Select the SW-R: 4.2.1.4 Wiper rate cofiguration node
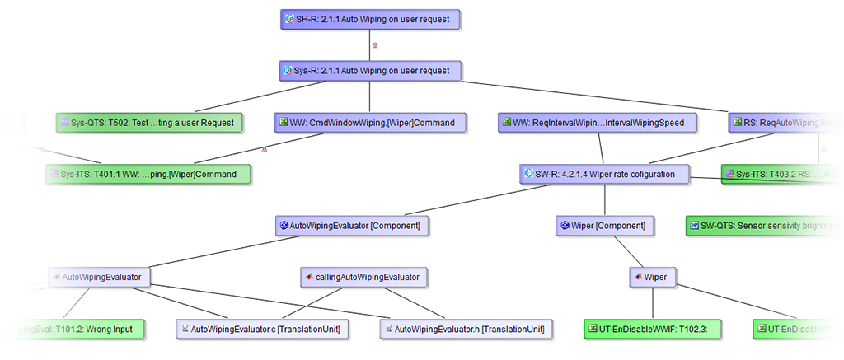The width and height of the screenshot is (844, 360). (x=604, y=174)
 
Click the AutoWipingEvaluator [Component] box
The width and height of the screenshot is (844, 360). (x=352, y=225)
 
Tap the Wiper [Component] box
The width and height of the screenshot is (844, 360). (x=604, y=225)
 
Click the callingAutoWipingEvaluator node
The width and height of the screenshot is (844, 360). (x=363, y=278)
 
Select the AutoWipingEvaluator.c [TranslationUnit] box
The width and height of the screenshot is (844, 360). (x=261, y=329)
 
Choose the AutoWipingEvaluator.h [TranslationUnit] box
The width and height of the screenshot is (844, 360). (x=466, y=329)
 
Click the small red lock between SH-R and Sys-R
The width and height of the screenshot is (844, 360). (x=375, y=45)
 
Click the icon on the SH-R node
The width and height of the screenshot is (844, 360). (x=289, y=19)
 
